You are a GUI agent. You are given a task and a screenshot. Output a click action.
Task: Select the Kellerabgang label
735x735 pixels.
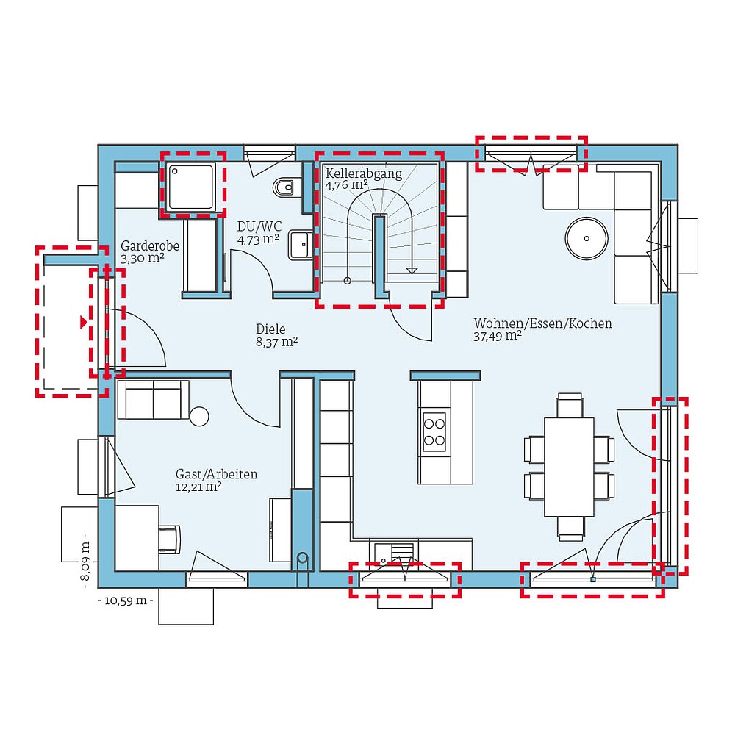coord(364,174)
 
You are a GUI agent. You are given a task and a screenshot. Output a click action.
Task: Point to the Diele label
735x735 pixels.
coord(270,329)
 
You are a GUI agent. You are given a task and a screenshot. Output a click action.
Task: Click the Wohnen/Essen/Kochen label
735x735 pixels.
coord(542,323)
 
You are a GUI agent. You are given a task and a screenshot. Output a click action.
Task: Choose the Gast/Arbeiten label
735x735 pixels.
coord(216,474)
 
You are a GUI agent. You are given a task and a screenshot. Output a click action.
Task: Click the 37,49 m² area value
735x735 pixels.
coord(498,336)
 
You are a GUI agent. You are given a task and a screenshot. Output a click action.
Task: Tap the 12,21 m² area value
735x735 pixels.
coord(198,487)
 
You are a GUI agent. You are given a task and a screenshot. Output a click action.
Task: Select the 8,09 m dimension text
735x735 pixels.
coord(85,562)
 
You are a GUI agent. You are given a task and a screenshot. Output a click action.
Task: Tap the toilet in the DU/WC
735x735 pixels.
coord(284,188)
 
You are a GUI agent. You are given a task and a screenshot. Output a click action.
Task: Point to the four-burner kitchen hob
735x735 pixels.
coord(434,431)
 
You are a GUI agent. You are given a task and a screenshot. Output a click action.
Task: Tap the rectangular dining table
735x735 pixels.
coord(568,467)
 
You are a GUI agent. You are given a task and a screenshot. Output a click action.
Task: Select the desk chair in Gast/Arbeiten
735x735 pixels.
coord(171,539)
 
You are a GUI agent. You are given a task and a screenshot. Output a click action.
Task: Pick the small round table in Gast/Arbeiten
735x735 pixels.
coord(199,416)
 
